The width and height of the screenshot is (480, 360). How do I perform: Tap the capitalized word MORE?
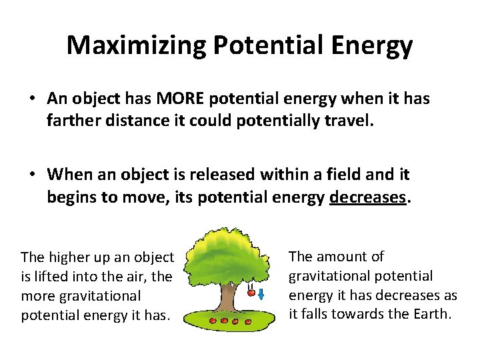(181, 99)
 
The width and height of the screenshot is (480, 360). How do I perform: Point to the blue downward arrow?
(262, 293)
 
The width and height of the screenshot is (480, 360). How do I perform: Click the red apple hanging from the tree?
(251, 291)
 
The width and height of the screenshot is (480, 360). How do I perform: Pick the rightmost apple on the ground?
(247, 322)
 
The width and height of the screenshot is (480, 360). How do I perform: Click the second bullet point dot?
(32, 175)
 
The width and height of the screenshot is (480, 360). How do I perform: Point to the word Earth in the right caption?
(432, 313)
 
